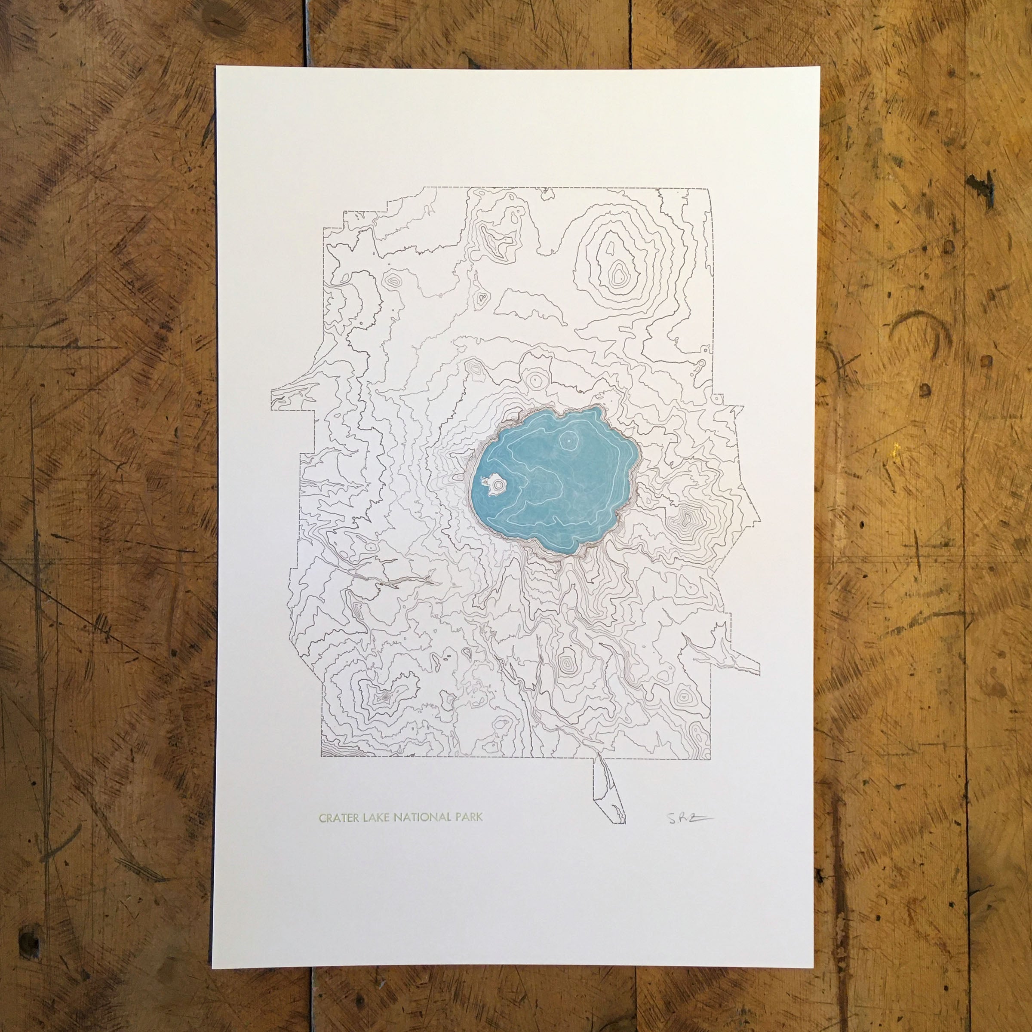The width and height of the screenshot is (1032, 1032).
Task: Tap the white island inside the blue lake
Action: click(490, 485)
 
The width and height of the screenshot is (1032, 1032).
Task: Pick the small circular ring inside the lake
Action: click(569, 441)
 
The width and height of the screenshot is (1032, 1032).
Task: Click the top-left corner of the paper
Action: click(216, 67)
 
